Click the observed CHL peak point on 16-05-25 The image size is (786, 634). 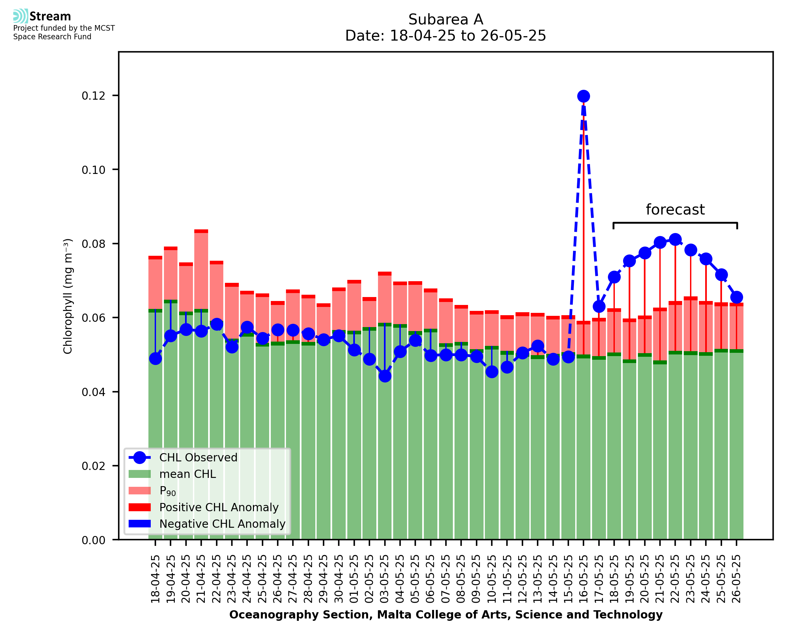pos(583,96)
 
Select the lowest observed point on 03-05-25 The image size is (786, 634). pos(385,376)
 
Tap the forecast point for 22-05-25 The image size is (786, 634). pos(675,240)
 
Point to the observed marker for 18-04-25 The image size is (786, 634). pos(155,359)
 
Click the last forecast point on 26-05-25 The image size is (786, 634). pos(737,297)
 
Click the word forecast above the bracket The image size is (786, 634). pos(675,210)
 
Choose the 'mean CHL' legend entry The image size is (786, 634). pos(188,474)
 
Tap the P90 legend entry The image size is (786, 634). pos(168,491)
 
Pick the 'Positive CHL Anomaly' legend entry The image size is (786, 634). pos(219,507)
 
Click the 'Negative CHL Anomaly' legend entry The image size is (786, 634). pos(222,524)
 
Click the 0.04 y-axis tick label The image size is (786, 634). pos(93,392)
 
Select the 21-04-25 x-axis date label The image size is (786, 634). pos(201,579)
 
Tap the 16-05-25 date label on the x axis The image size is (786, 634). pos(583,579)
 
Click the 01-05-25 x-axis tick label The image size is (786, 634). pos(354,579)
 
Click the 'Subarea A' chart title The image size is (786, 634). pos(446,19)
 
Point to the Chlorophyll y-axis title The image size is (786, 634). pos(68,296)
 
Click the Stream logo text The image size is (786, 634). pos(50,17)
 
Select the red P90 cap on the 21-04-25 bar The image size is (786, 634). pos(201,231)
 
